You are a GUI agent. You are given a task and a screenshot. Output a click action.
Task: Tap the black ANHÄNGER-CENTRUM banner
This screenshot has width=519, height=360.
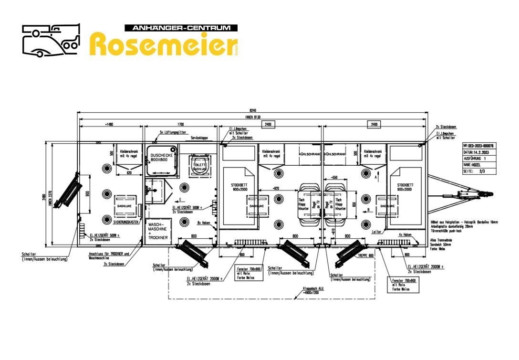181,28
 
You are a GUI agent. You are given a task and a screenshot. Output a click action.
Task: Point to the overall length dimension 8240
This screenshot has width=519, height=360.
252,111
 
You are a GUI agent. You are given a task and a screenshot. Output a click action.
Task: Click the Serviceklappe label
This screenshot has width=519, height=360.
199,138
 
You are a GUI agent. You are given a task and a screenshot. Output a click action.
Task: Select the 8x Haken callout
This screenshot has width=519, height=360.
204,222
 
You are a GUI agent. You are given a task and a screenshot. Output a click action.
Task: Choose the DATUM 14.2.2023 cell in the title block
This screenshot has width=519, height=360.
479,152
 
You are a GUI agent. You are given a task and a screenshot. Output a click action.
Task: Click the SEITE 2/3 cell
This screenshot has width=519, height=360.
478,170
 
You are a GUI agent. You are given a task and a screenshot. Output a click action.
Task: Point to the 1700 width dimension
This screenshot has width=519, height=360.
180,123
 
